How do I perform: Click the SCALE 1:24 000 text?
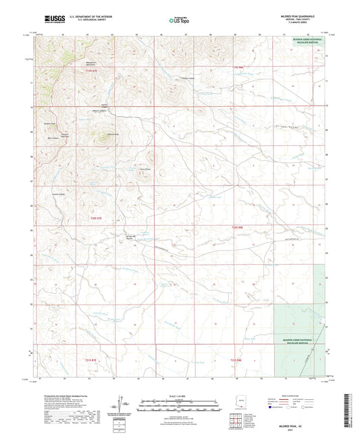[177, 394]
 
